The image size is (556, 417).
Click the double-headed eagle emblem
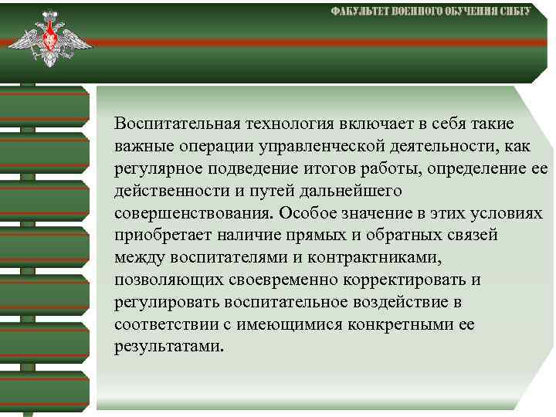[49, 41]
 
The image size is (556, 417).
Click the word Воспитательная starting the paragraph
[176, 124]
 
